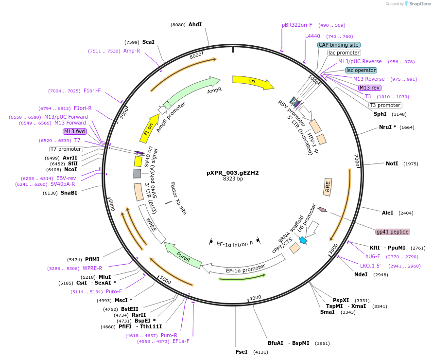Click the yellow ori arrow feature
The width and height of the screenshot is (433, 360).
click(252, 82)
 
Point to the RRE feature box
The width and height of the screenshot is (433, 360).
click(328, 187)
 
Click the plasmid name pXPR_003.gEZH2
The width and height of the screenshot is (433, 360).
click(233, 173)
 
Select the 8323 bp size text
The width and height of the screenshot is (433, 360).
click(233, 179)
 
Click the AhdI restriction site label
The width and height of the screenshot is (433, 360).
click(195, 24)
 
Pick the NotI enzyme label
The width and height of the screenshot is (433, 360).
click(392, 163)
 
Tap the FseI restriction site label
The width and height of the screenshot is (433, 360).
click(242, 352)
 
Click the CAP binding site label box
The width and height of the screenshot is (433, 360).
click(339, 45)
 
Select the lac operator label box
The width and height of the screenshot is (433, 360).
click(361, 70)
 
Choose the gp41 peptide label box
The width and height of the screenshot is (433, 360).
click(393, 232)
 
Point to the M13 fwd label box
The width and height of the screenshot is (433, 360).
click(75, 131)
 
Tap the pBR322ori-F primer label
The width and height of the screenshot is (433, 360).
click(297, 25)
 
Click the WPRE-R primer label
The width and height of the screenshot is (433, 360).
click(92, 268)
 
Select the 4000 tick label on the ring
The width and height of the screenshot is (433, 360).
click(255, 298)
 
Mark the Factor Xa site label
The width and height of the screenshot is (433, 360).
click(178, 198)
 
